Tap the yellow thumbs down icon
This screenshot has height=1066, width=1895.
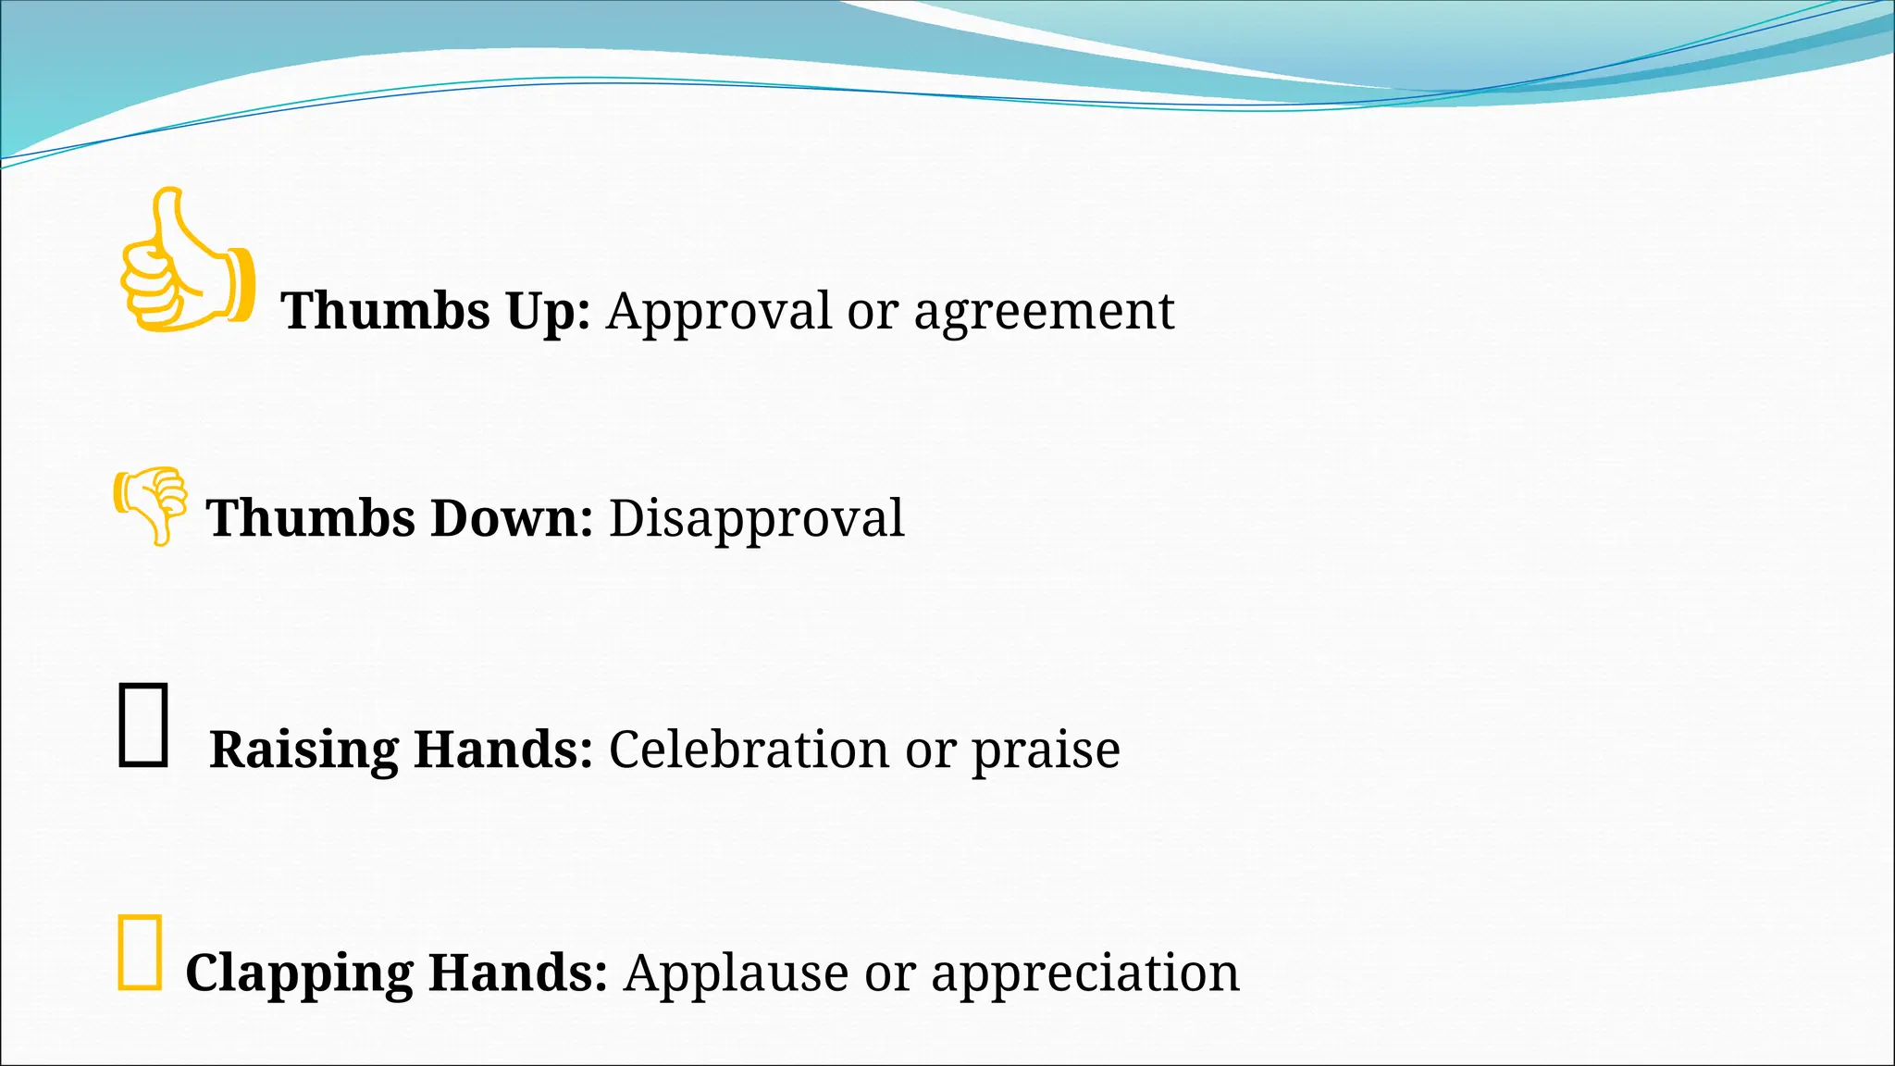[x=151, y=504]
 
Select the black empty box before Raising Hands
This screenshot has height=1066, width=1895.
[x=142, y=725]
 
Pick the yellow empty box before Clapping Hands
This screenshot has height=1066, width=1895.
[x=140, y=952]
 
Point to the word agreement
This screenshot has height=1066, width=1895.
[x=1044, y=313]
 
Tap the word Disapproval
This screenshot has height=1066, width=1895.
[x=756, y=518]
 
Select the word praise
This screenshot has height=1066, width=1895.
[x=1046, y=750]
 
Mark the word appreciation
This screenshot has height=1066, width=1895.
[x=1084, y=974]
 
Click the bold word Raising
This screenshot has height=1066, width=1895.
[x=303, y=750]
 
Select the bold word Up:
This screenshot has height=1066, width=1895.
[x=548, y=312]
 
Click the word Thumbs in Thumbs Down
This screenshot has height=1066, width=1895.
[x=310, y=518]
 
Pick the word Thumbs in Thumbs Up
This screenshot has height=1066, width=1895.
[x=386, y=311]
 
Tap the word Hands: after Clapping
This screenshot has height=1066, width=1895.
[x=517, y=973]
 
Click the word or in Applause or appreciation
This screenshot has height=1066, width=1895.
[x=889, y=973]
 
